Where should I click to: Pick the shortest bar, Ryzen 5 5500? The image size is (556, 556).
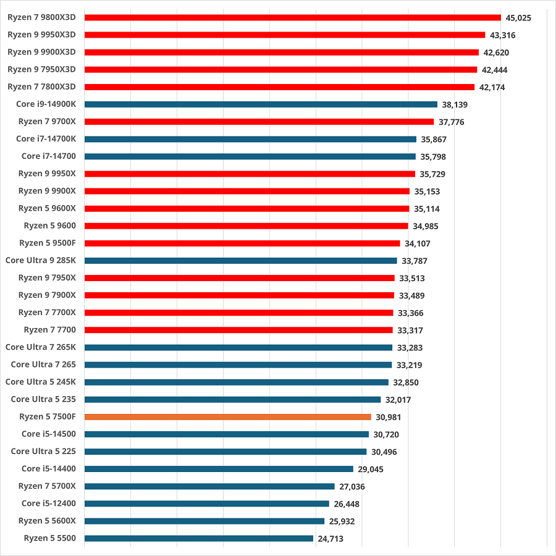point(198,538)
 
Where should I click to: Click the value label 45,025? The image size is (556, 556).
point(518,18)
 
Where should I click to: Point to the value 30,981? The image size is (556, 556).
point(388,418)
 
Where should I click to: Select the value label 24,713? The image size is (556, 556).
point(331,539)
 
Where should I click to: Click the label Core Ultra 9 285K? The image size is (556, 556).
point(40,261)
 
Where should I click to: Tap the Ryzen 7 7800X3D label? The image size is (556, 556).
point(41,87)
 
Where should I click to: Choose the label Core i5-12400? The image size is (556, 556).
point(48,503)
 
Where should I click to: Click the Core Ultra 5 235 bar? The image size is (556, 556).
point(232,400)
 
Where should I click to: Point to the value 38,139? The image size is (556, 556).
point(455,105)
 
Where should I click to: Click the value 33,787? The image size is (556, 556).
point(414,261)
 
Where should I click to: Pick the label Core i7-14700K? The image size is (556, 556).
point(46,139)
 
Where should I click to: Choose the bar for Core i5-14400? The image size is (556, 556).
point(219,469)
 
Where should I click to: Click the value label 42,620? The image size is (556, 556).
point(496,53)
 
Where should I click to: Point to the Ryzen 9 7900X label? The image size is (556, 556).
point(47,295)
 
